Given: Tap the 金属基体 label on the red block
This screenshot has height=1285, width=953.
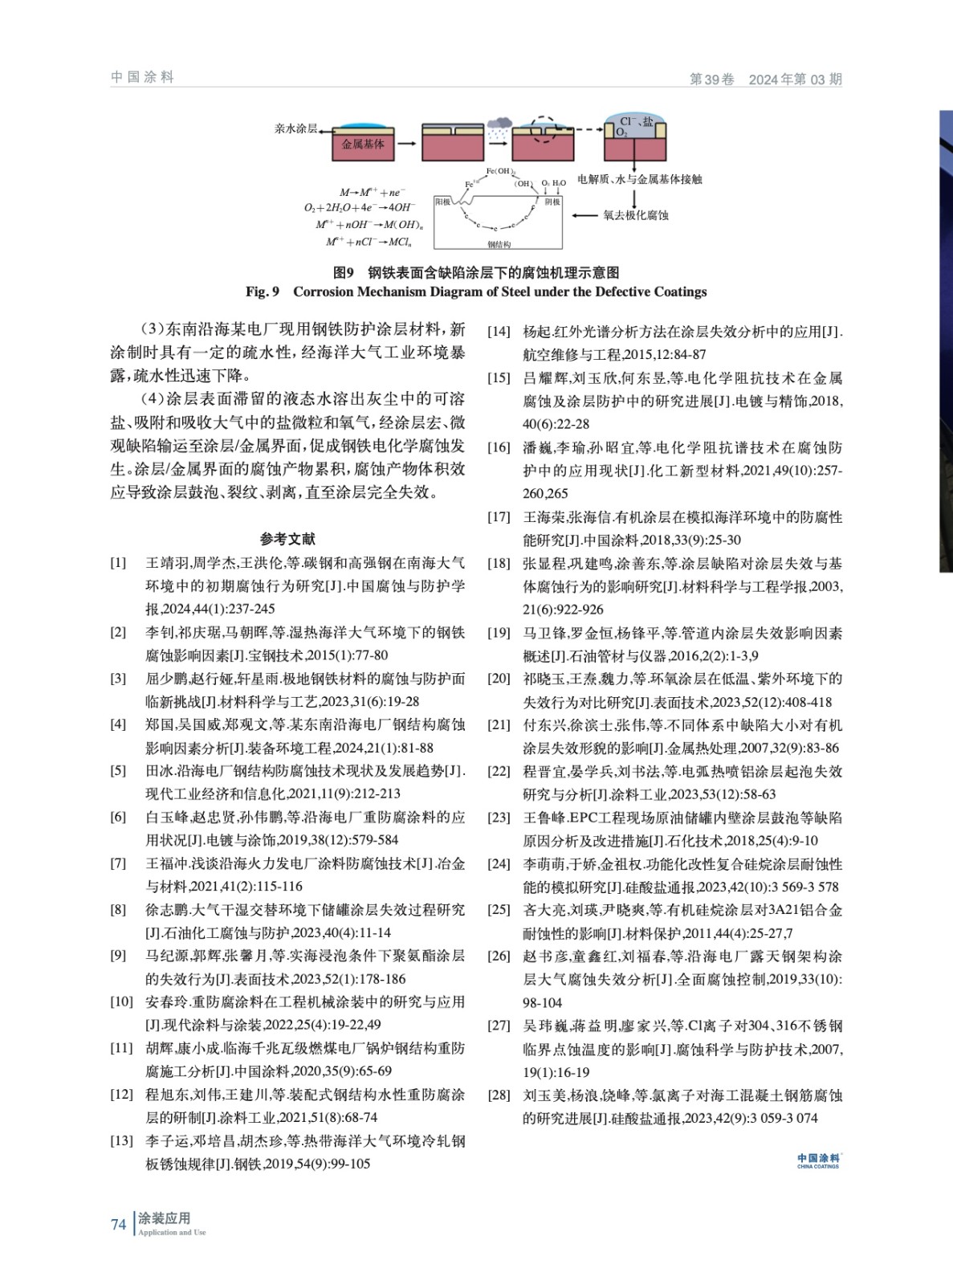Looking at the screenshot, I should click(363, 145).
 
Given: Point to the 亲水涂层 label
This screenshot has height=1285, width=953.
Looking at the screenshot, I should click(295, 128).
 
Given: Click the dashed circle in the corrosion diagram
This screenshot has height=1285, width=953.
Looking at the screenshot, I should click(545, 128).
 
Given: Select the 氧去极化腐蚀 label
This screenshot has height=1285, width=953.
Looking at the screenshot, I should click(636, 215).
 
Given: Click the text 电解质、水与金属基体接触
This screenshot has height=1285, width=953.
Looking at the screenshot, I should click(639, 179).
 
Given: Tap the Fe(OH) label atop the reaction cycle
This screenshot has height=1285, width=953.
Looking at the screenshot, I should click(500, 171).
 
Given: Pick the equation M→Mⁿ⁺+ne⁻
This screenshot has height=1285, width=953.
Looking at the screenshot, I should click(373, 193).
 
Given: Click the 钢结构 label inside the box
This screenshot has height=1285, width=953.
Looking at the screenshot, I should click(499, 244).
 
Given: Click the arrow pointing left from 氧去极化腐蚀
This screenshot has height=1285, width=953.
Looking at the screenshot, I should click(585, 215).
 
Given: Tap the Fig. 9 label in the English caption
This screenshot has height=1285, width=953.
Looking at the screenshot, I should click(263, 292).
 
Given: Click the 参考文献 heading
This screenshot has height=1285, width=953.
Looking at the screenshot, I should click(287, 539).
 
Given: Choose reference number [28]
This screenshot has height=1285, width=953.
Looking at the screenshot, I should click(499, 1095).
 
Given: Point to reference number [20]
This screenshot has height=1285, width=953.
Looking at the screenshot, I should click(499, 678).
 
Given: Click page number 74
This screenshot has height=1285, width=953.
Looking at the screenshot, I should click(119, 1224).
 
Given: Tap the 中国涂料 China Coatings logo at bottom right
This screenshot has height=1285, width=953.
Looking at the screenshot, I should click(817, 1161).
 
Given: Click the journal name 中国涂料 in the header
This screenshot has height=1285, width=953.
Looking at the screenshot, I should click(142, 77).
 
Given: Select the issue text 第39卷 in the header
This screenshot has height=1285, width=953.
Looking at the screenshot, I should click(712, 79).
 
